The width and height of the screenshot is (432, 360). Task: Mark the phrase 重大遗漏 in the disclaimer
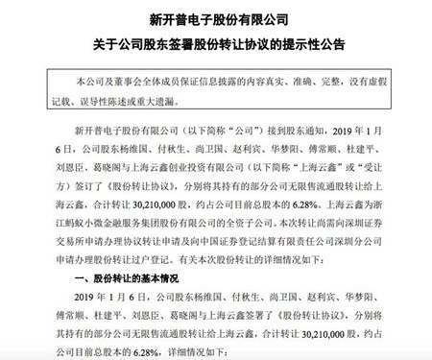(x=186, y=92)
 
